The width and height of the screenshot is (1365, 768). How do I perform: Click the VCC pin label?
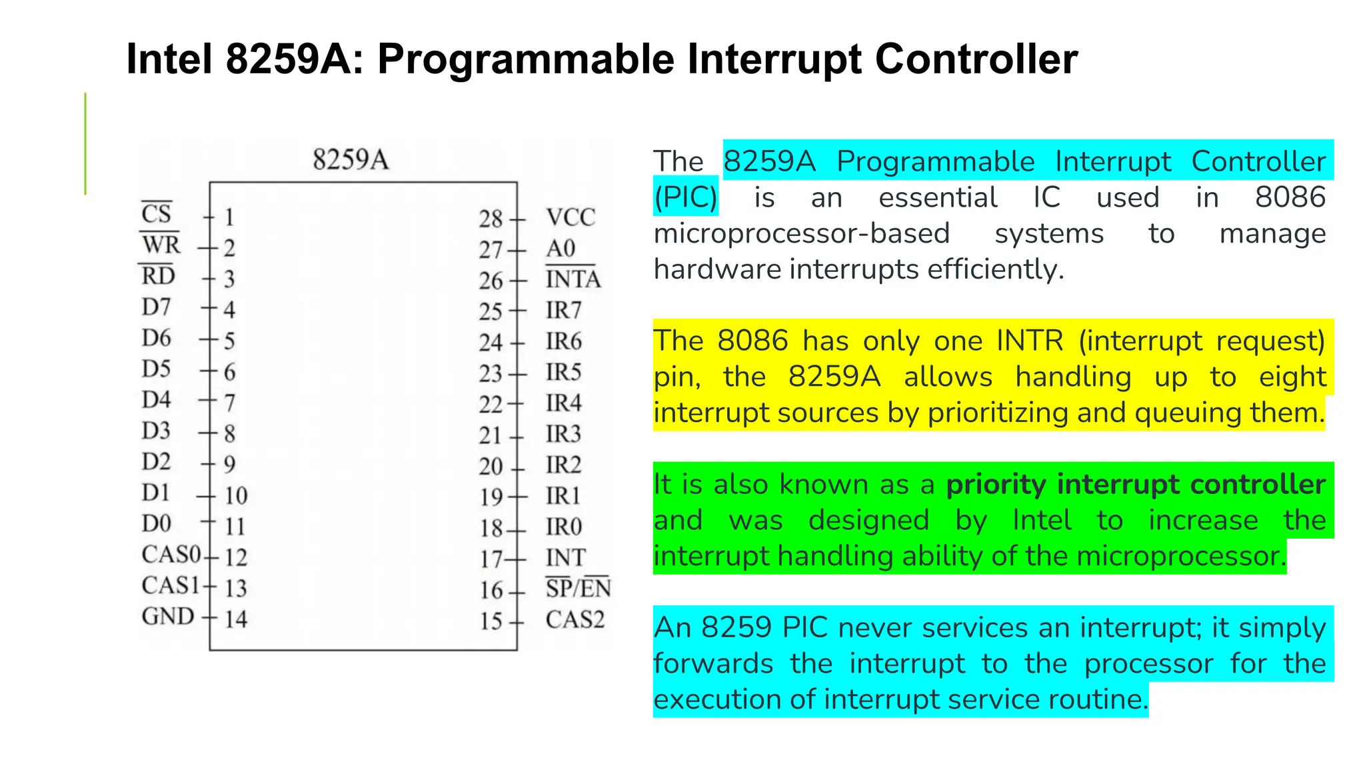pos(571,217)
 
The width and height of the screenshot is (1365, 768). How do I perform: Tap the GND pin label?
pos(167,617)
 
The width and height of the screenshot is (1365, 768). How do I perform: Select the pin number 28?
pos(491,219)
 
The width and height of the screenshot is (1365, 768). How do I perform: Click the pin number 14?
pos(235,619)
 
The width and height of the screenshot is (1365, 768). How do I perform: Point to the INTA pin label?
pos(573,279)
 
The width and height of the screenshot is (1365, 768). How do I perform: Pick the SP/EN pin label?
pos(578,589)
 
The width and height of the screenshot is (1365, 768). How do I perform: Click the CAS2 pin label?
pos(575,620)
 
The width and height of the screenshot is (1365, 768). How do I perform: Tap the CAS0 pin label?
pos(171,555)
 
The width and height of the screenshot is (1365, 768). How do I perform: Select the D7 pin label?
pos(156,307)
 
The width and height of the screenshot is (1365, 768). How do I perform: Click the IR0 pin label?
pos(563,527)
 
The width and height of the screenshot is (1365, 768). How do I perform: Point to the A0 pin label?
pos(561,249)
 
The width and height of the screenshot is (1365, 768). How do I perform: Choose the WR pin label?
pos(161,245)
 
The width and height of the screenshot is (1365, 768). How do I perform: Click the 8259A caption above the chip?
pos(351,160)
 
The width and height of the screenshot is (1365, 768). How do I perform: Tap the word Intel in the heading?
pos(169,59)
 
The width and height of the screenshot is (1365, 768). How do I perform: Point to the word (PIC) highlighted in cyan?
pos(685,197)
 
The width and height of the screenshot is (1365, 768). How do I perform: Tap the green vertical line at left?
pos(85,143)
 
